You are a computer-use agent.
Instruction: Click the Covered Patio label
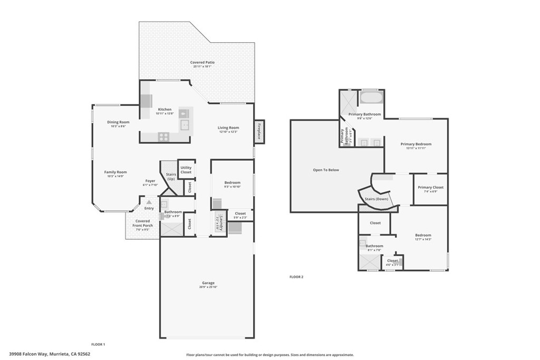pyautogui.click(x=202, y=62)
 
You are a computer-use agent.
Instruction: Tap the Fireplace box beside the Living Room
pyautogui.click(x=259, y=131)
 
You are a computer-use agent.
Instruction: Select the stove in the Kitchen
pyautogui.click(x=163, y=137)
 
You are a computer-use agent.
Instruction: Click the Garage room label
pyautogui.click(x=207, y=283)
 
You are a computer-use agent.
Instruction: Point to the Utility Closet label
pyautogui.click(x=186, y=169)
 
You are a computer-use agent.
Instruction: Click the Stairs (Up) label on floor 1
pyautogui.click(x=171, y=177)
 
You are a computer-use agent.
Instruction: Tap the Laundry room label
pyautogui.click(x=218, y=223)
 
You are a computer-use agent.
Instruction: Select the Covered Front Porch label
pyautogui.click(x=142, y=223)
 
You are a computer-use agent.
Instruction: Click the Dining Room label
pyautogui.click(x=118, y=122)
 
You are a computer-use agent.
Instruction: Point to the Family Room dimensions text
pyautogui.click(x=115, y=176)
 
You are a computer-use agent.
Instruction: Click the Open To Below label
pyautogui.click(x=326, y=170)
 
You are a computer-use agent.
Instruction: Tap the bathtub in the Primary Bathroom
pyautogui.click(x=372, y=98)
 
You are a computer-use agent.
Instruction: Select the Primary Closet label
pyautogui.click(x=430, y=187)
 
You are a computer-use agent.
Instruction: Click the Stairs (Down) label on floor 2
pyautogui.click(x=377, y=199)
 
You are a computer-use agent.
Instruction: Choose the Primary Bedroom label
pyautogui.click(x=416, y=144)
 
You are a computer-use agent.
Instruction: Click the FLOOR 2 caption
pyautogui.click(x=296, y=277)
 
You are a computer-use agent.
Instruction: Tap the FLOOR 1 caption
pyautogui.click(x=98, y=344)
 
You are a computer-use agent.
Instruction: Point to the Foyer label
pyautogui.click(x=150, y=181)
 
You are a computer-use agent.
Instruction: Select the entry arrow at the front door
pyautogui.click(x=149, y=202)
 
